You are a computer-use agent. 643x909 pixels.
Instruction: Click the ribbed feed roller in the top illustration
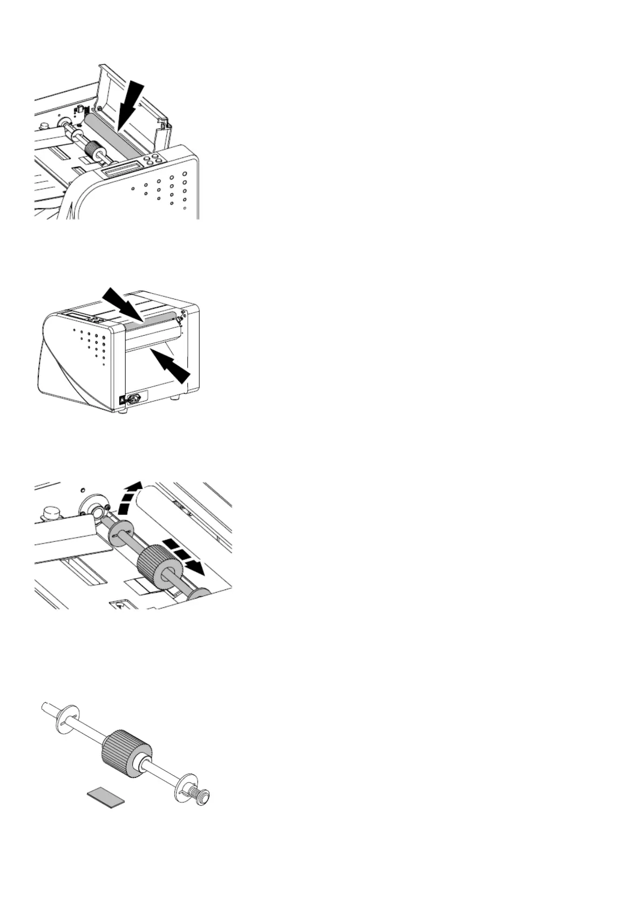coord(95,148)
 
